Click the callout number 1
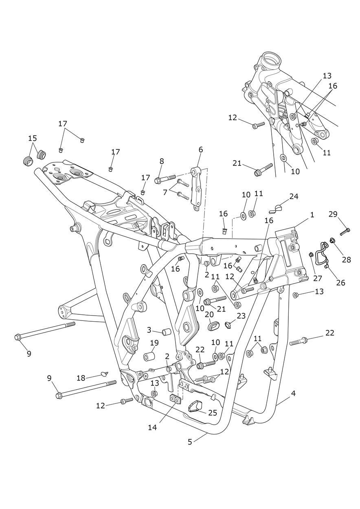pos(312,215)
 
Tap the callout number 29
pos(333,214)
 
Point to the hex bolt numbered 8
pos(165,179)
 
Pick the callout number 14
pos(152,428)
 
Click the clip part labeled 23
pos(229,325)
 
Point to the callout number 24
pos(294,196)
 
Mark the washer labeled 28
pos(333,241)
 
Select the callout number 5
pos(190,441)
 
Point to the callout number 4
pos(293,394)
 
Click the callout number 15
pos(33,138)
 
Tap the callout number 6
pos(201,149)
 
